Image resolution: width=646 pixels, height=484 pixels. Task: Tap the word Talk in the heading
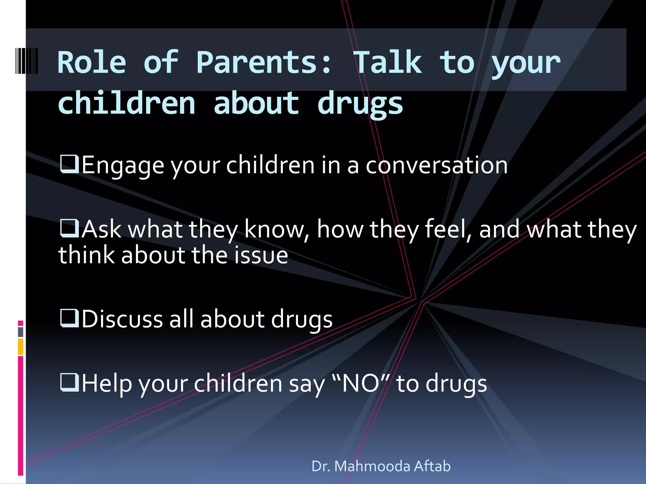[388, 63]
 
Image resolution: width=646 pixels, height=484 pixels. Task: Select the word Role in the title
[92, 63]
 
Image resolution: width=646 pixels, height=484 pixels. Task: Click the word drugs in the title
[360, 104]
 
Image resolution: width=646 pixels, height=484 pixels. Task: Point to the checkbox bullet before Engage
[69, 164]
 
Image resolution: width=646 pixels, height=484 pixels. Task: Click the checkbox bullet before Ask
[69, 228]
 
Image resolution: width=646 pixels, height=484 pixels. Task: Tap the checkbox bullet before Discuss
[69, 318]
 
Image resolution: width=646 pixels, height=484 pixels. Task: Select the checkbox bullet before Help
[69, 382]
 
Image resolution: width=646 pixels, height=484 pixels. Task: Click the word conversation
[437, 165]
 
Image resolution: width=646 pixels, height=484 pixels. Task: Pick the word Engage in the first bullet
[123, 166]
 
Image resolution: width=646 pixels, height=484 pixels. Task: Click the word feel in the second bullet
[445, 229]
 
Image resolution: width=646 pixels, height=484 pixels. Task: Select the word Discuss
[122, 319]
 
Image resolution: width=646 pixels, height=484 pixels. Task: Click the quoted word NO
[361, 383]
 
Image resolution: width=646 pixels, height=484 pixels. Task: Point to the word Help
[107, 384]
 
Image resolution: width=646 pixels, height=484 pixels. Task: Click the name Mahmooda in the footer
[372, 466]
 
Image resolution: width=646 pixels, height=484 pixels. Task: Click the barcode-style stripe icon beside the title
[27, 61]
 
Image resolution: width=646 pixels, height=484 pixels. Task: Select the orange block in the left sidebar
[21, 346]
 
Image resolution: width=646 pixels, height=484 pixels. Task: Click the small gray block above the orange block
[21, 332]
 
